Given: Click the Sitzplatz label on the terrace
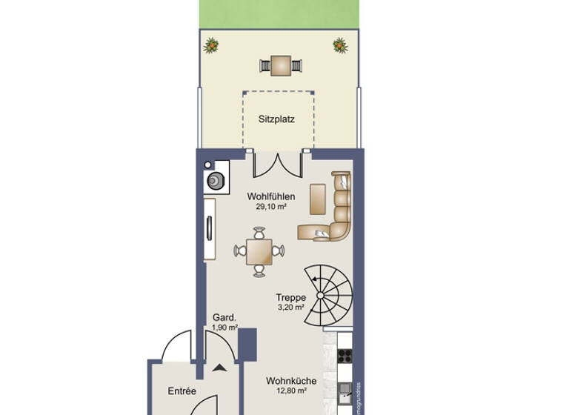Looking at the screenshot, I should point(277,119).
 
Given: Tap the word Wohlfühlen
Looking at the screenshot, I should point(271,196).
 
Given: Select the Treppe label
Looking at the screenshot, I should point(291,297).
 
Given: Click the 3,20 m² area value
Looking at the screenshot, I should point(291,307).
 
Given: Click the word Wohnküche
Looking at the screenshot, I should point(291,381).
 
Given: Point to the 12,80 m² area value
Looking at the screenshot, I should point(291,391).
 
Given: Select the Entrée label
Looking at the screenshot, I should point(182,391).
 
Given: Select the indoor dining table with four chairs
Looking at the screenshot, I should point(259,253).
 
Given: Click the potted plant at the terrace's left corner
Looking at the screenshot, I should point(213,46).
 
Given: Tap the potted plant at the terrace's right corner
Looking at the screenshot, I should point(340,45).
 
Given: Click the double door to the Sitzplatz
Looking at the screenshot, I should point(277,163).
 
